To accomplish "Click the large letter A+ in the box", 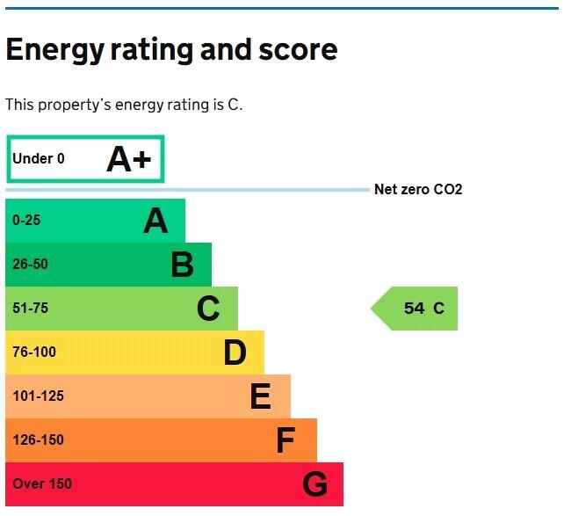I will (129, 159).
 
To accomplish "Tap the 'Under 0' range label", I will (39, 159).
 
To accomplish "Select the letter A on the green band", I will (155, 221).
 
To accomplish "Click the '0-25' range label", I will (26, 221).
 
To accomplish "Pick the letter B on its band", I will (182, 265).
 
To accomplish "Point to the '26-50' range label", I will (30, 265).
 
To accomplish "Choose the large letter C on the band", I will (208, 309).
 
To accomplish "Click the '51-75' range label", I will (30, 309).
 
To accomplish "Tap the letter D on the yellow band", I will (235, 352).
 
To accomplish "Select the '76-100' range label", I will (34, 352).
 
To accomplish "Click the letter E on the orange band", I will (260, 396).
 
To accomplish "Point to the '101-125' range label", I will (38, 396).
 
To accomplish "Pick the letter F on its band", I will (286, 440).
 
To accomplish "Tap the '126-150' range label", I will (38, 440).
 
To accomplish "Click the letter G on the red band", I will (315, 484).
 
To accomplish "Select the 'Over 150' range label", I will (42, 484).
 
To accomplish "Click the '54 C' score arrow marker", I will (416, 309).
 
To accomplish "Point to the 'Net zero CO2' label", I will (418, 190).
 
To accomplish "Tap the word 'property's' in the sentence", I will (71, 105).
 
